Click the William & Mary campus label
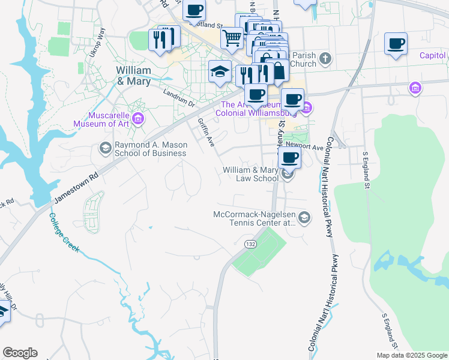(133, 75)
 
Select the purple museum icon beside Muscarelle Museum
(139, 118)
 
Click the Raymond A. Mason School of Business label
(150, 149)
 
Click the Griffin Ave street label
(206, 132)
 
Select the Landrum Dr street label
(179, 97)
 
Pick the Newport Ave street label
(304, 146)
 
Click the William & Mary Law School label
(250, 174)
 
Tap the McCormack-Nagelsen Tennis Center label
(255, 218)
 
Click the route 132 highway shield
(250, 244)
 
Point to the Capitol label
(432, 56)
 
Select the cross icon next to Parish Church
(325, 58)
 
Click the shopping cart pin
(232, 38)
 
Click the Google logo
(20, 353)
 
